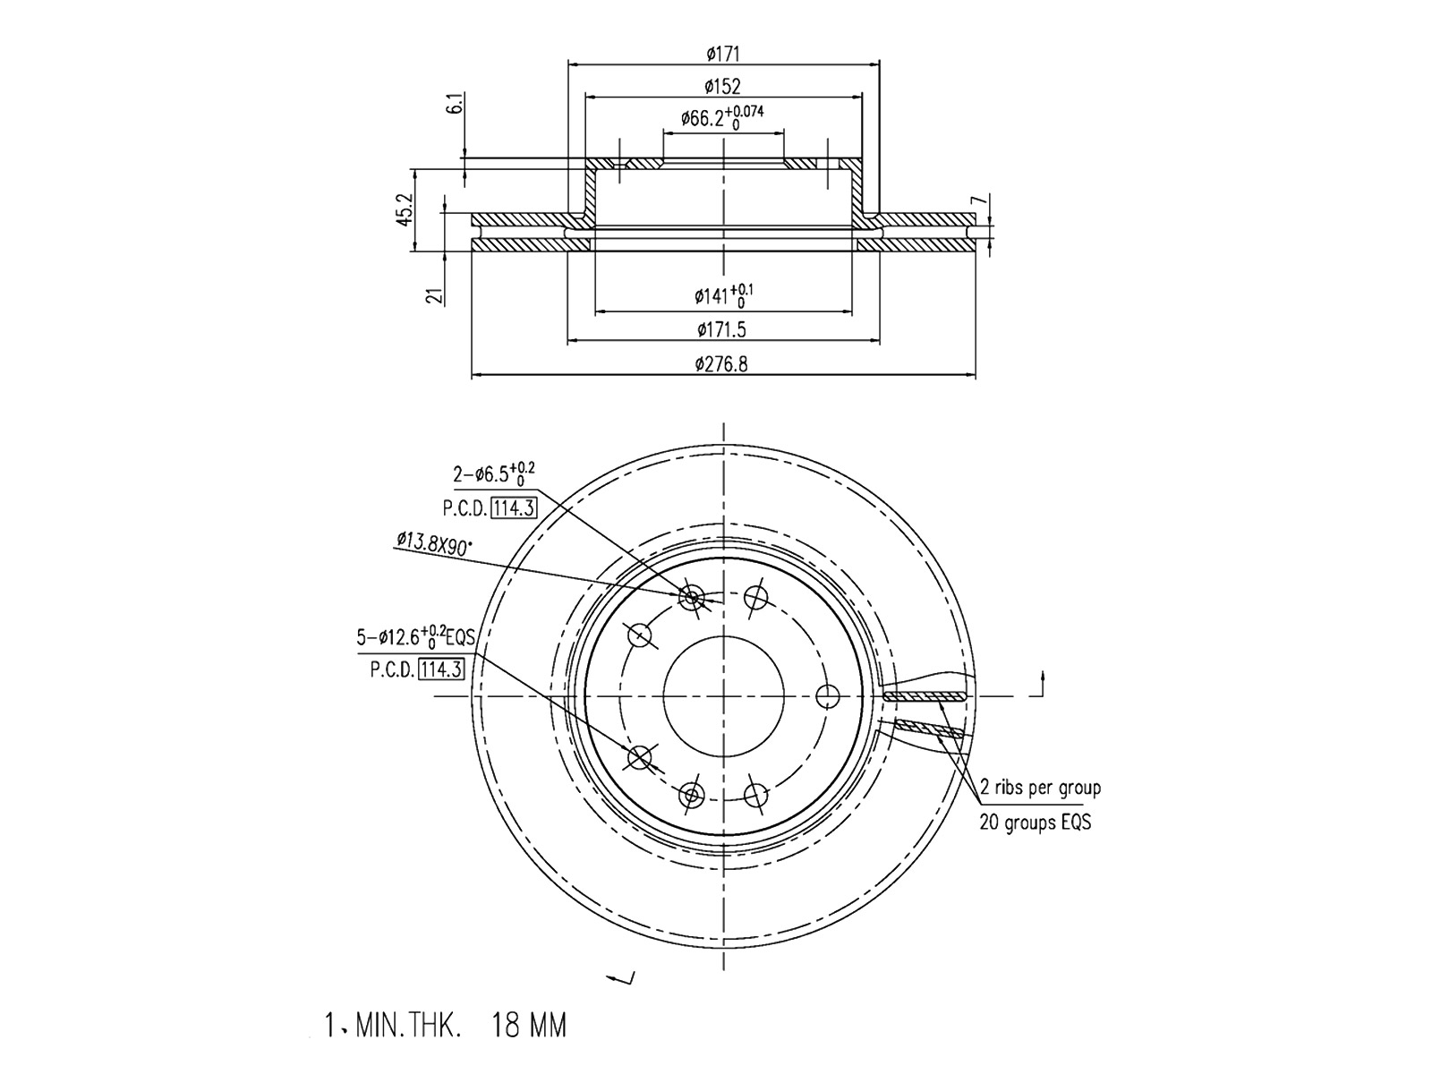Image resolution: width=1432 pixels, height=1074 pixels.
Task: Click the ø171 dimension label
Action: [723, 53]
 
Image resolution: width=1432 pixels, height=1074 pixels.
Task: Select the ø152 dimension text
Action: [722, 85]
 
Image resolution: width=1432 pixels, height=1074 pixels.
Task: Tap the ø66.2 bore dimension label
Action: [722, 118]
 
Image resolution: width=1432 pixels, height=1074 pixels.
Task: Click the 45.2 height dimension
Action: [405, 209]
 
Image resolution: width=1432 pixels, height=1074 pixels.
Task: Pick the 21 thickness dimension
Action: [434, 296]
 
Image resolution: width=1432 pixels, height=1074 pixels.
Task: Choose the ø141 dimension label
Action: [723, 296]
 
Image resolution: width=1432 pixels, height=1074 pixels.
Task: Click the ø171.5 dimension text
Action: [721, 330]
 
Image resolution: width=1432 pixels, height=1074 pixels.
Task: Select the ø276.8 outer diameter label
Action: [721, 363]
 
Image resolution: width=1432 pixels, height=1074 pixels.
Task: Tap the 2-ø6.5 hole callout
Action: [494, 473]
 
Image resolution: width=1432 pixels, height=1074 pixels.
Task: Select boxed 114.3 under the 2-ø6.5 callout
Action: [515, 508]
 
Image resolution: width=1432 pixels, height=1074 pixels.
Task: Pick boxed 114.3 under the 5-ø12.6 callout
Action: [441, 669]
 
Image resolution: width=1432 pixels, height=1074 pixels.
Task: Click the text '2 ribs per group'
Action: [1040, 788]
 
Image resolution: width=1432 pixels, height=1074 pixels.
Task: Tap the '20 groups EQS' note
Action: [1036, 823]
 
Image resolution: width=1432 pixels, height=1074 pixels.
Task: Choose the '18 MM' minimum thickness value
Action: [528, 1025]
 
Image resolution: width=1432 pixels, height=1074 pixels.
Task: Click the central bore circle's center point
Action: [723, 696]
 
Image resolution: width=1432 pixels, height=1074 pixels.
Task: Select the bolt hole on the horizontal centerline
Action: [828, 696]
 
